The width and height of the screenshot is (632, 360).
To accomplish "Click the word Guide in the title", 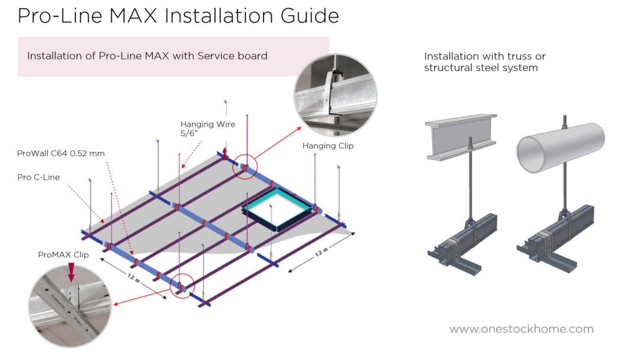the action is pos(310,16).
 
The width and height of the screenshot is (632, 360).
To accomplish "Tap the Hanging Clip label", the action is pos(328,146).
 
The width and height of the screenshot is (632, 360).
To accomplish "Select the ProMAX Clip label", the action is pos(63,255).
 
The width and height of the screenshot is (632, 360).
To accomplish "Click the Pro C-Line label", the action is pos(38,177).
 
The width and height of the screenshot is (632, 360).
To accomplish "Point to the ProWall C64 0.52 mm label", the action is pos(61,153).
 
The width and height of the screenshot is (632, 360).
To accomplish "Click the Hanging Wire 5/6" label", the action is pos(208,129).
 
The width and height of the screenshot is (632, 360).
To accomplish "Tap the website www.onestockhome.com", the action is pos(521,329).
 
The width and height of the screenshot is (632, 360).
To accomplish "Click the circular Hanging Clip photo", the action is pos(336,95).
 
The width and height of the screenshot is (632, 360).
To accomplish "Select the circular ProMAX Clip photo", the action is pos(70,306).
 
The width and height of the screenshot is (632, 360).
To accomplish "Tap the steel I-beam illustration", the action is pos(461,137).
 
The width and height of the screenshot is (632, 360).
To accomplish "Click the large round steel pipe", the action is pos(561,148).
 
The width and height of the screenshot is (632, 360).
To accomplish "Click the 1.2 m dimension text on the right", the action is pos(321,252).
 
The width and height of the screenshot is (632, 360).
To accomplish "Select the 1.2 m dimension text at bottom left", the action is pos(134,278).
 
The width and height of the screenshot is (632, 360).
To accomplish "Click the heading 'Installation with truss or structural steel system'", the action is pos(485,62).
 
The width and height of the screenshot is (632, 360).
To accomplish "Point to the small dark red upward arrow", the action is pos(224,154).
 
